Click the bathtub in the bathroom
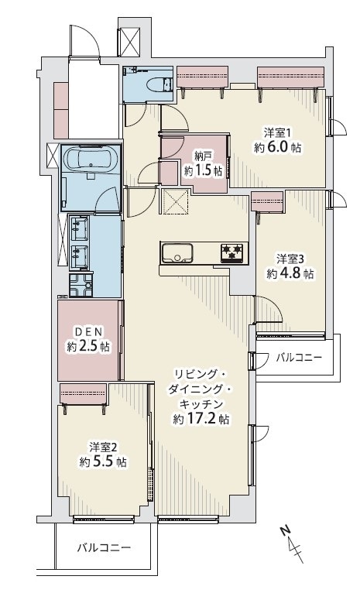(x=90, y=159)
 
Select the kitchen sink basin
(x=177, y=254)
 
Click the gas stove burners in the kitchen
(x=234, y=253)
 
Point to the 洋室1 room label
(x=277, y=133)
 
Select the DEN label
(x=88, y=331)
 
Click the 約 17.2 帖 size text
(x=201, y=419)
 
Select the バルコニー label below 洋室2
(x=104, y=548)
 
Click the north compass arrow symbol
(x=293, y=545)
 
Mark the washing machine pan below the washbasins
(x=81, y=285)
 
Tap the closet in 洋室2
(x=84, y=394)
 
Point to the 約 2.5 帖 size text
(x=88, y=346)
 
